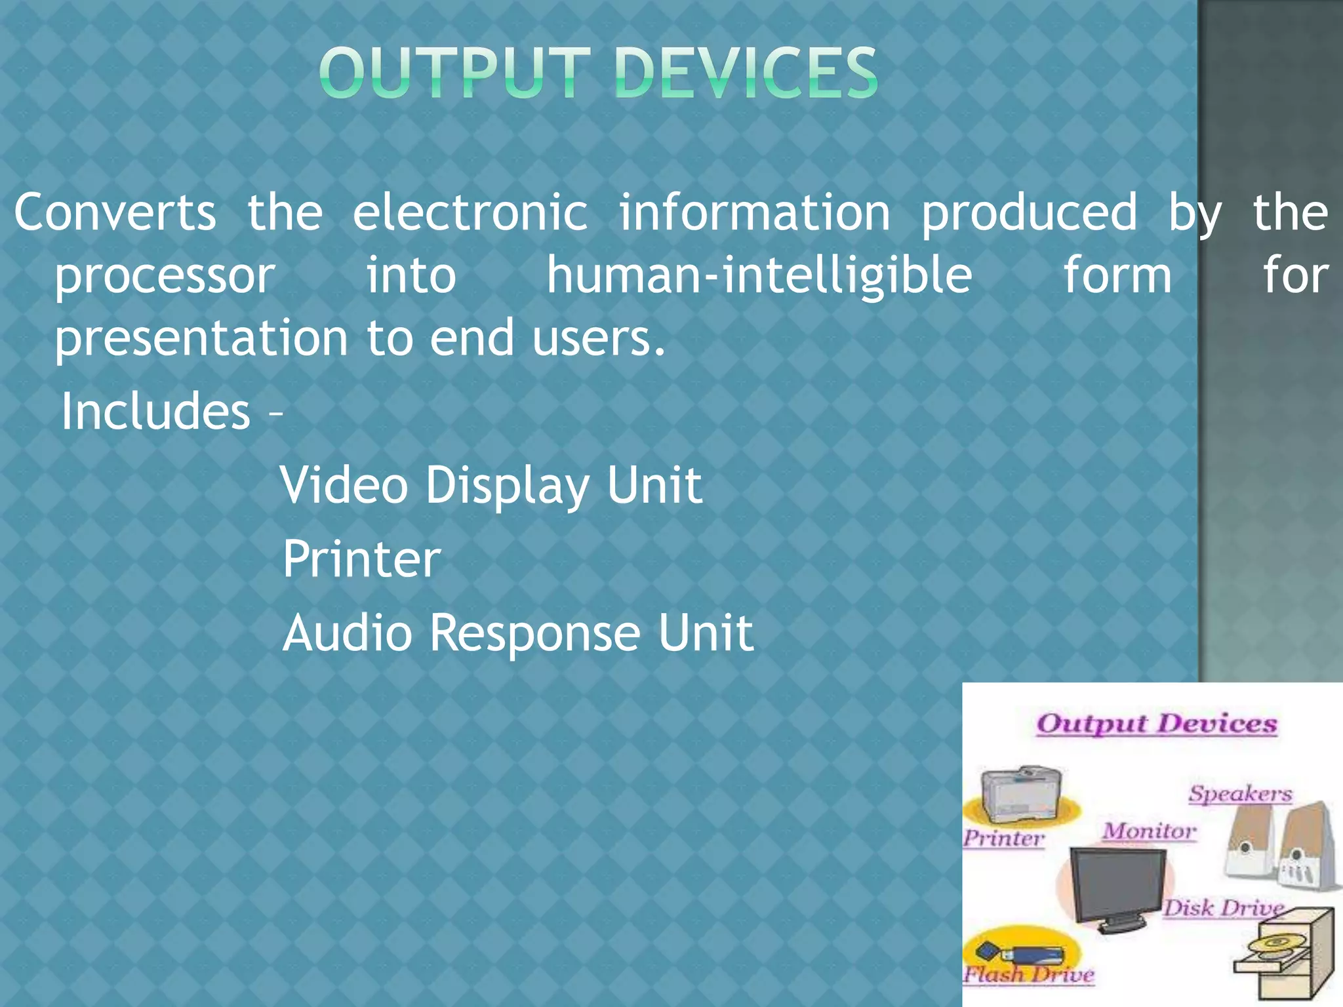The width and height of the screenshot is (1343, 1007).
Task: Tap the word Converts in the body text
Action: [115, 212]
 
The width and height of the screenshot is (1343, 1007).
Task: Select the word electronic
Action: [470, 212]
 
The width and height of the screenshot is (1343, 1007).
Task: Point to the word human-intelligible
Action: [759, 275]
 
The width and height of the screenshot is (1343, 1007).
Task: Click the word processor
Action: [165, 275]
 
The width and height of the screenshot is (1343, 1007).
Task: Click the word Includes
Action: [156, 412]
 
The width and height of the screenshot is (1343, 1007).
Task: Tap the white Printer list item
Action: [362, 559]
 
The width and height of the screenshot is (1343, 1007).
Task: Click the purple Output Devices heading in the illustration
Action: [1157, 724]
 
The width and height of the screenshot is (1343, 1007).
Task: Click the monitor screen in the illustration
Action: [1117, 882]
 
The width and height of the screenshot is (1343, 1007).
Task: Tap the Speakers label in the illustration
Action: [1240, 794]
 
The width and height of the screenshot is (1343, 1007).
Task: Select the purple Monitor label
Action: [1149, 831]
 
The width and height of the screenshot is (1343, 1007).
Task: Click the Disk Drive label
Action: [1224, 908]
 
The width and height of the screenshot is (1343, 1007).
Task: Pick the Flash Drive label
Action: [1028, 975]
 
